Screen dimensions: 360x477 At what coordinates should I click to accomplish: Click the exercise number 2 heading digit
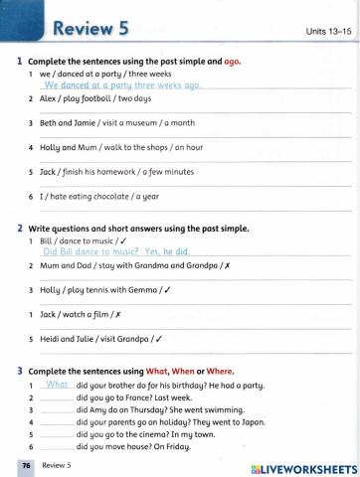coord(20,228)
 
